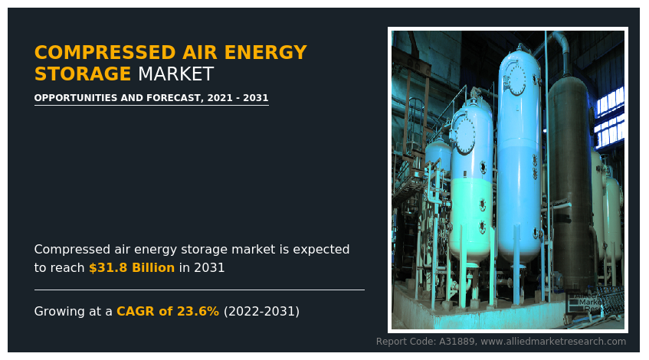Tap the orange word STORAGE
83,74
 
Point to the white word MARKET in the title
175,74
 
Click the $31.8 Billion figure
132,268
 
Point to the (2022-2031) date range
261,312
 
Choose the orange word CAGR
134,312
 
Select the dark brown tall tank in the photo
570,176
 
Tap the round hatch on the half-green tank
465,136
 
